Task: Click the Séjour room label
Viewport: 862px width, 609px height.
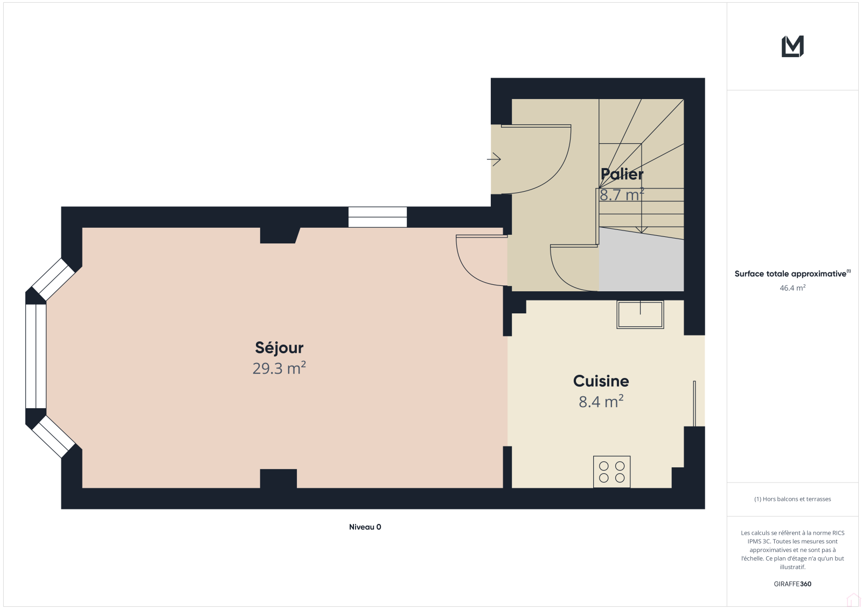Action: point(279,348)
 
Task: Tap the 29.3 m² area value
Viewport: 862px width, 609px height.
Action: point(279,368)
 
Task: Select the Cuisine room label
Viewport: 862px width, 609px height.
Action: point(601,381)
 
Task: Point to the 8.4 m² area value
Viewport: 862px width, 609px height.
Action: point(601,401)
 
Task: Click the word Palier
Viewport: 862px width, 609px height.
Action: point(622,174)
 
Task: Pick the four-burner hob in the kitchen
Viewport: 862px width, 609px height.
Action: point(611,472)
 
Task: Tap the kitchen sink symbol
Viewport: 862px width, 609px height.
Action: point(640,314)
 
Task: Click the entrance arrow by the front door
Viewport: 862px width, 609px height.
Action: point(493,159)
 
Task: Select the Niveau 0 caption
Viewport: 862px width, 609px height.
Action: point(365,527)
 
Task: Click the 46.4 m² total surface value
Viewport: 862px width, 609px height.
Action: point(793,288)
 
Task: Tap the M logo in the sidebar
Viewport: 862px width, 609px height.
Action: point(793,46)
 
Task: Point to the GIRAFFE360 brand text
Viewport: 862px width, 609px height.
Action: point(793,584)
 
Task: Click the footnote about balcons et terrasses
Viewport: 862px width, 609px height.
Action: point(793,499)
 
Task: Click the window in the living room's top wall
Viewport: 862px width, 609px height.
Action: point(378,217)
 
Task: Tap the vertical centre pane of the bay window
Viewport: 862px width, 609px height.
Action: point(36,356)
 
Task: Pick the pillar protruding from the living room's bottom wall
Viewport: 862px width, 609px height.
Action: point(278,479)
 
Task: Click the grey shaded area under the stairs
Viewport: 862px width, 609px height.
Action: point(641,262)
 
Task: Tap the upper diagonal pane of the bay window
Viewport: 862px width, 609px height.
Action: point(53,279)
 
